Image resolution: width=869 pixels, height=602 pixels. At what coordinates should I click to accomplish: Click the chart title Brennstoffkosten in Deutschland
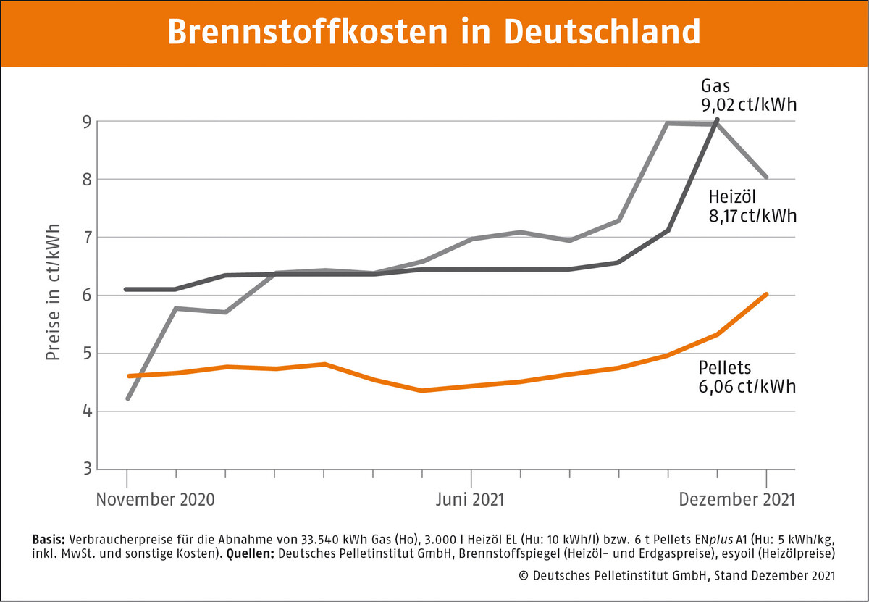(434, 33)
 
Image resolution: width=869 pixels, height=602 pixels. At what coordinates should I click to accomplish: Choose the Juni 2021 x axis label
(471, 500)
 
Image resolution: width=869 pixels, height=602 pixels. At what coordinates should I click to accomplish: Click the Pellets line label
(725, 367)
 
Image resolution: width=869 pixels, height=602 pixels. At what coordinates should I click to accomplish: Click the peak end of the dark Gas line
(717, 120)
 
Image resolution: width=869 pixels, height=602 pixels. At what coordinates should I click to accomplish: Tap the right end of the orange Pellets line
(766, 294)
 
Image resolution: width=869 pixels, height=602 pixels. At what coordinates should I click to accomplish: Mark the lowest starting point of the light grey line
(127, 398)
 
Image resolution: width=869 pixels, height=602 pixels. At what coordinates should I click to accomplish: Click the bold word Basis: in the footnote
(49, 540)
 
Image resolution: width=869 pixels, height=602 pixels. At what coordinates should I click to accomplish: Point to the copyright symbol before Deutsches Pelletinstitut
(524, 576)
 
